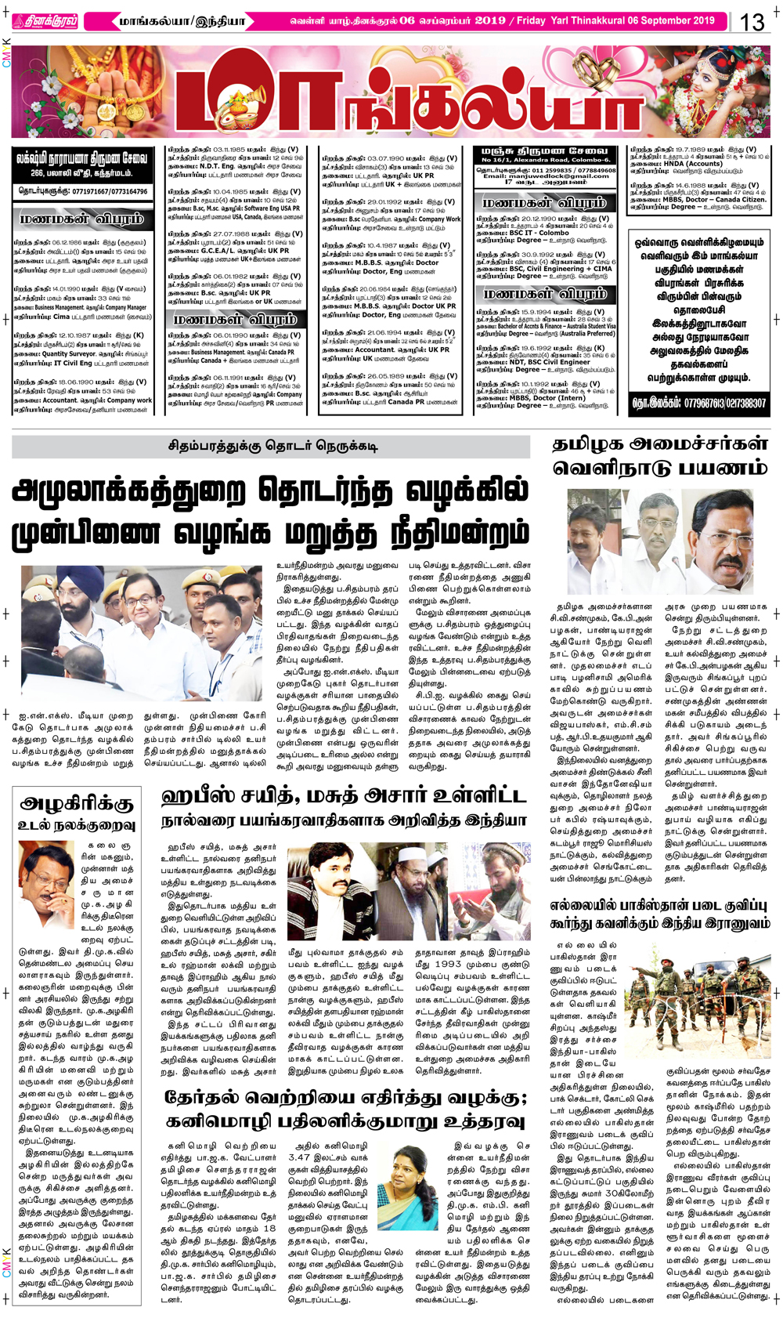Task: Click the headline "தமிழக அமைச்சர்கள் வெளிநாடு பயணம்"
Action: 659,456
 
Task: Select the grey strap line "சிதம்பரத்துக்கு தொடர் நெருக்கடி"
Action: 271,447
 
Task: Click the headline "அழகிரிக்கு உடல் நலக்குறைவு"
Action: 77,813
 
